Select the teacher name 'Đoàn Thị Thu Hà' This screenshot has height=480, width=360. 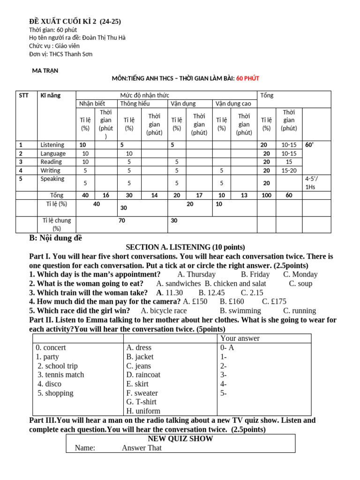[x=107, y=37]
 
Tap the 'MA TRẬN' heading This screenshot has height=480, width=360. [x=45, y=70]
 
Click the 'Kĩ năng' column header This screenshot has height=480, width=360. [x=51, y=95]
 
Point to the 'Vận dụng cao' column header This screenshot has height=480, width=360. [x=233, y=104]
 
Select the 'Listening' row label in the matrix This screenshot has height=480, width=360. [x=52, y=145]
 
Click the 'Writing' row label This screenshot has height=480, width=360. [x=51, y=170]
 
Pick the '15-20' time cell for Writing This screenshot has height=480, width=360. [x=289, y=170]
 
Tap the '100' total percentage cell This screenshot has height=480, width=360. [x=266, y=195]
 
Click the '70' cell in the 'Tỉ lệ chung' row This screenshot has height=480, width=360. [x=122, y=220]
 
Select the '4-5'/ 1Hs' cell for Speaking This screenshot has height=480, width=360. [x=310, y=183]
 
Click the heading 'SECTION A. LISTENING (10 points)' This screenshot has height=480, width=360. [x=185, y=247]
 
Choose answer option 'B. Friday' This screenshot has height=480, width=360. [x=255, y=274]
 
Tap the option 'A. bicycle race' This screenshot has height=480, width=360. [x=164, y=310]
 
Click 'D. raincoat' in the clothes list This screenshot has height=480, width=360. [x=143, y=375]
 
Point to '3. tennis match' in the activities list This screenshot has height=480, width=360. [x=61, y=375]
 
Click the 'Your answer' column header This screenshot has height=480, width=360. [x=240, y=338]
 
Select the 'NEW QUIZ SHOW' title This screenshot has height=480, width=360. [x=180, y=439]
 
